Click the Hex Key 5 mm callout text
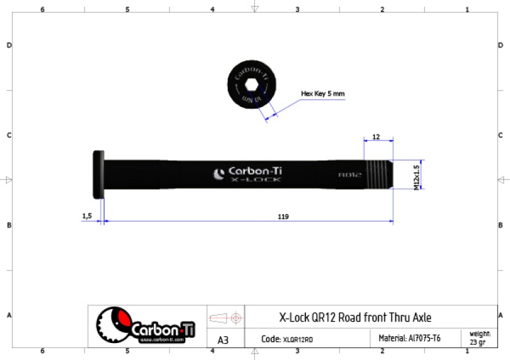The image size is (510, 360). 322,94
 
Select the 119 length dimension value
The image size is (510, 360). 283,216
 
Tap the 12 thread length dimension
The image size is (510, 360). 376,137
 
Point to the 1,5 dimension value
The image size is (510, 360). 87,216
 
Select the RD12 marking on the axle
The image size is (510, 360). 349,176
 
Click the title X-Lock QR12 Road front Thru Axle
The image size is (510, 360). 355,317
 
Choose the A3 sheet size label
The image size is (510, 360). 223,339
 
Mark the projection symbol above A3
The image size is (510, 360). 225,317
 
